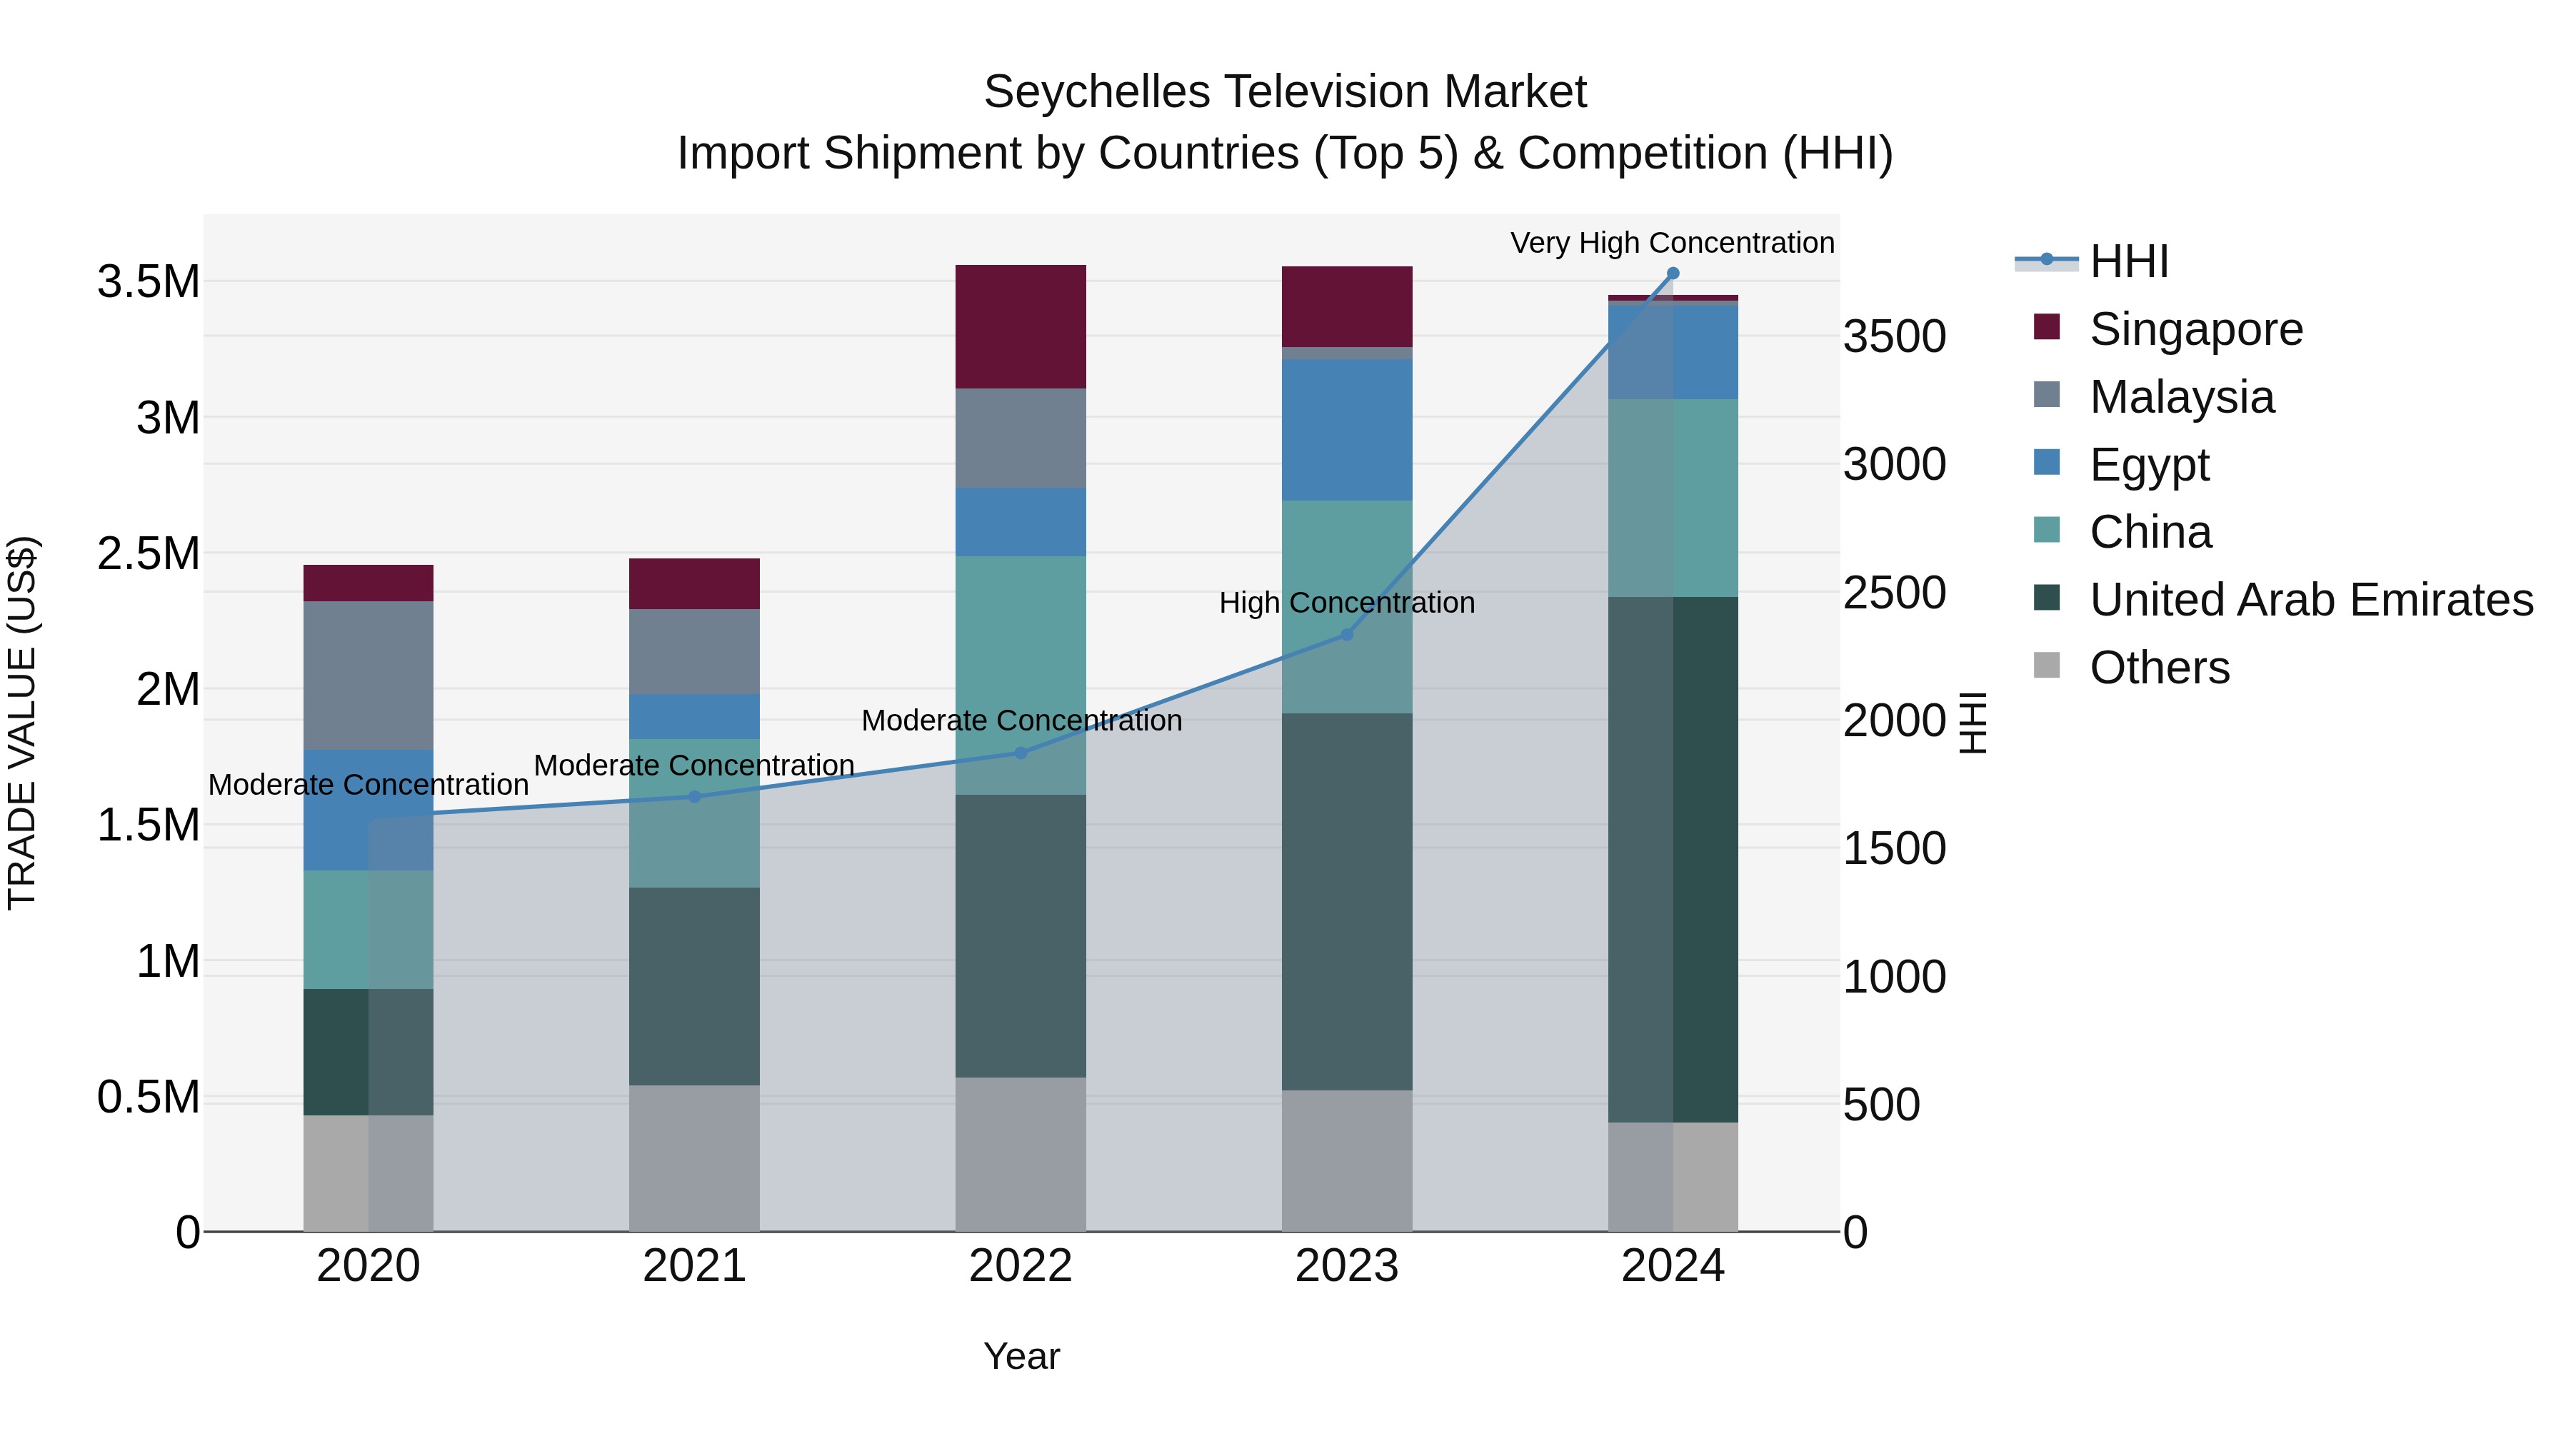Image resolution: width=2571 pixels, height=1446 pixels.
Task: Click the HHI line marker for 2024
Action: (1673, 273)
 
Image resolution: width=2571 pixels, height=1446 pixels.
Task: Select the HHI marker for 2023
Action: (1346, 635)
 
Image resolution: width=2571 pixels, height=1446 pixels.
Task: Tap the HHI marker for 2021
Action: (695, 796)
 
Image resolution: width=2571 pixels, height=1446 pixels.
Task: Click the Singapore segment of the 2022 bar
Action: (1020, 326)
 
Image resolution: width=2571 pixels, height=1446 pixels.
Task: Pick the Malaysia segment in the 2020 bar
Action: (369, 675)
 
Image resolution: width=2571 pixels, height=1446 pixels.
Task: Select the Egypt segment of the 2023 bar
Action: (1346, 429)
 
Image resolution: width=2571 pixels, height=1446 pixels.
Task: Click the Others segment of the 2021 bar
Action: (695, 1158)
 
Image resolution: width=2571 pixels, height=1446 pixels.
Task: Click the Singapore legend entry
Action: (2196, 329)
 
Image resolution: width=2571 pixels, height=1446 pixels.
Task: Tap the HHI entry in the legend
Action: (2128, 261)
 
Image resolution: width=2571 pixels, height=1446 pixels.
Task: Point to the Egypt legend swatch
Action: (2046, 463)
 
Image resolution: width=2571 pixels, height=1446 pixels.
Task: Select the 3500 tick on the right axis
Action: (1893, 336)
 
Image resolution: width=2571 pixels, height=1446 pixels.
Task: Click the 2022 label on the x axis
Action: (1020, 1266)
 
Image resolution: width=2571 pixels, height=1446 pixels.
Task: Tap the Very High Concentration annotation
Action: (1672, 243)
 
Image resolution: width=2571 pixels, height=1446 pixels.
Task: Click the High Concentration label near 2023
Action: (1346, 603)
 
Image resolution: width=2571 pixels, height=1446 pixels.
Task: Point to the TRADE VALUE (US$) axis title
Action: (22, 723)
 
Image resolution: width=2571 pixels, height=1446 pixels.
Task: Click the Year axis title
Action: (1021, 1356)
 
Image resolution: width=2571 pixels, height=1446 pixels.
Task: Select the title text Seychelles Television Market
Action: (1285, 92)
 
